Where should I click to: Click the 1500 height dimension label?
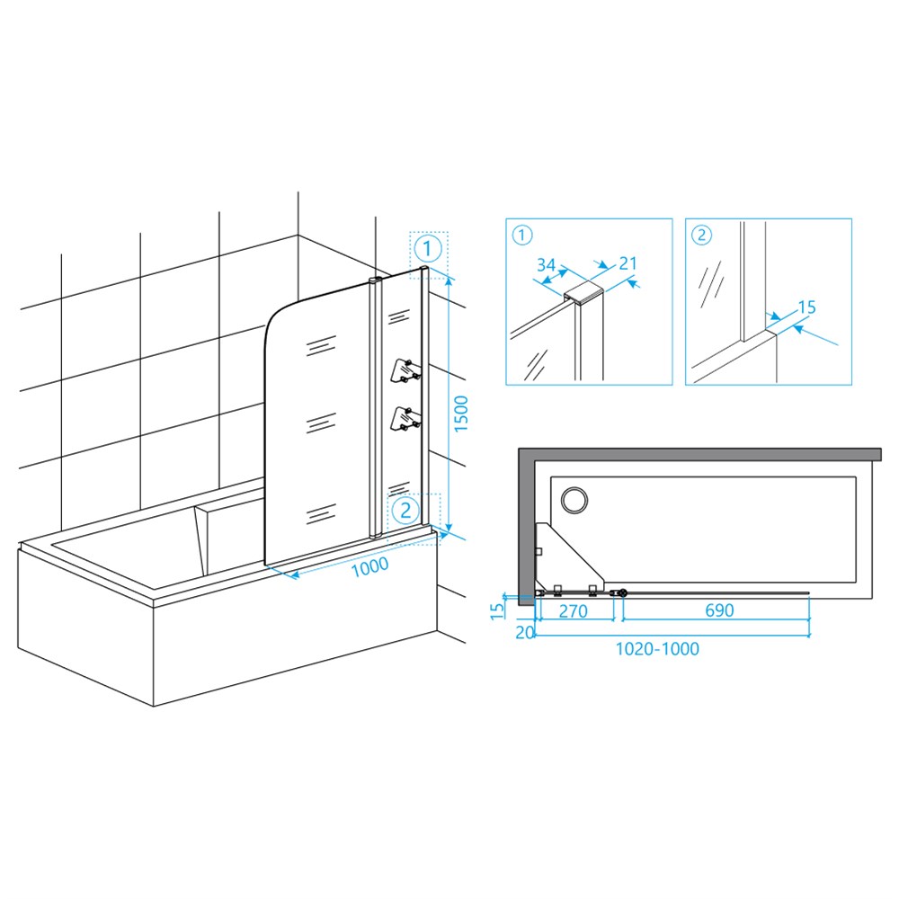coord(461,414)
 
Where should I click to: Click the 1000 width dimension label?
coord(369,567)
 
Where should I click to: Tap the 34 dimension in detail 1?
coord(546,265)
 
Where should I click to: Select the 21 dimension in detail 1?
coord(628,263)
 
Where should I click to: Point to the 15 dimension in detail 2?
coord(806,307)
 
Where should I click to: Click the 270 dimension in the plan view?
coord(573,611)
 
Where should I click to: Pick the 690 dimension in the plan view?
coord(719,610)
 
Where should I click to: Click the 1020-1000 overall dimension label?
coord(657,648)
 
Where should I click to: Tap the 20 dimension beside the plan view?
coord(525,632)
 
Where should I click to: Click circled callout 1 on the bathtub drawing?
coord(428,249)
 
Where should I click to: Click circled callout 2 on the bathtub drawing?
coord(406,510)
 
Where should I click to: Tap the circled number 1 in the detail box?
coord(522,235)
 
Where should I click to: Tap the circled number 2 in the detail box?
coord(702,235)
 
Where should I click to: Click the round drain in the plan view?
coord(574,500)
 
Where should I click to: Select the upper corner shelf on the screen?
coord(405,370)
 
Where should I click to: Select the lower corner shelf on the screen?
coord(405,419)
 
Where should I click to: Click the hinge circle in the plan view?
coord(623,593)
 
